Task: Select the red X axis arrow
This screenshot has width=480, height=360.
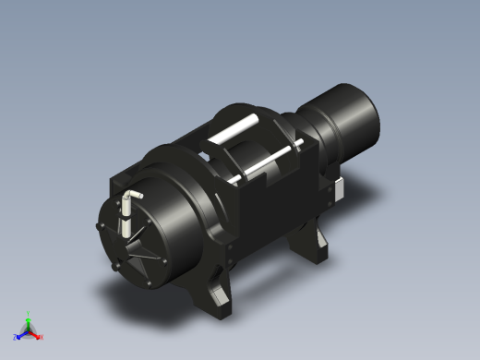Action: coord(36,334)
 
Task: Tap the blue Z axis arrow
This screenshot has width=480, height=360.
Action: coord(20,334)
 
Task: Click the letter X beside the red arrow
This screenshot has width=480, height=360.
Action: coord(42,337)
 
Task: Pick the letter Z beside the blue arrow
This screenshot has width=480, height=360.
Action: coord(15,337)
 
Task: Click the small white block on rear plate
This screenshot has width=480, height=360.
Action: coord(338,188)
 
